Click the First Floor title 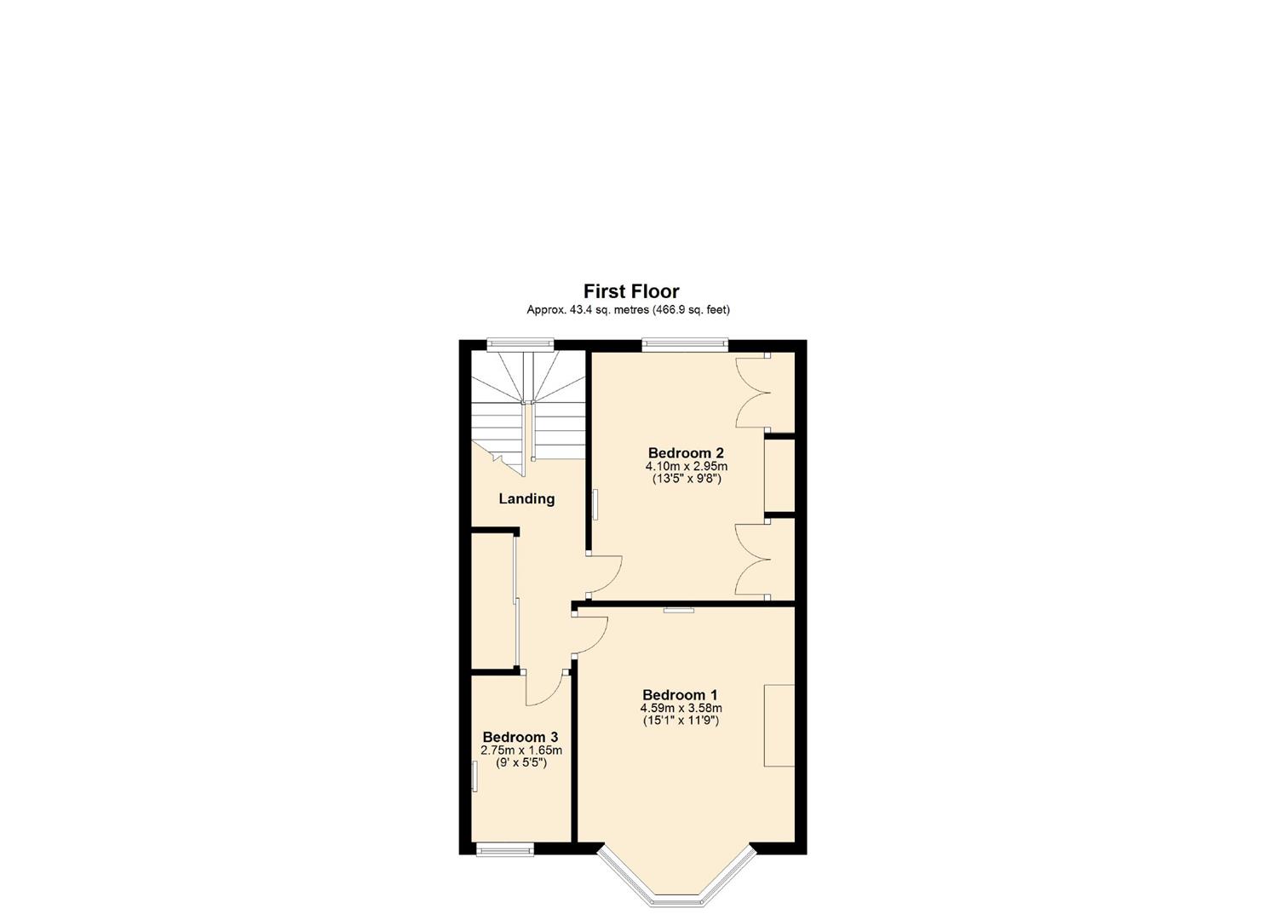pos(631,291)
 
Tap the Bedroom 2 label pos(686,452)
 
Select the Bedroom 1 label pos(680,695)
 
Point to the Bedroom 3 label pos(520,737)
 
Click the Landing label pos(526,499)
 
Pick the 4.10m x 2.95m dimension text pos(686,466)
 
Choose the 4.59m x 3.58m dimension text pos(681,708)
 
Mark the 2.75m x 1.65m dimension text pos(521,750)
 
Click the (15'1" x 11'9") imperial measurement pos(681,721)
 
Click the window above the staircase pos(520,344)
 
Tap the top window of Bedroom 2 pos(685,344)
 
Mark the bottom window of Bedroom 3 pos(504,848)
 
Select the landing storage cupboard pos(493,601)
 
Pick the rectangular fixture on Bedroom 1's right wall pos(779,725)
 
